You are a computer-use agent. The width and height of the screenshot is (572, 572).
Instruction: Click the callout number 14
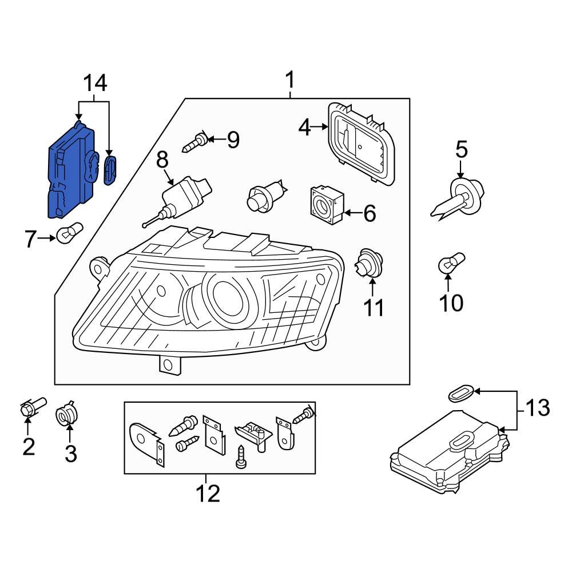(x=96, y=84)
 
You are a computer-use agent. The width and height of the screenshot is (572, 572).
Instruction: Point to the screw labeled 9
(x=194, y=141)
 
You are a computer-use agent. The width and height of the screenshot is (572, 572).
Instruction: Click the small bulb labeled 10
(x=449, y=264)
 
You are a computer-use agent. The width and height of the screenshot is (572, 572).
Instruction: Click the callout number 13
(x=537, y=408)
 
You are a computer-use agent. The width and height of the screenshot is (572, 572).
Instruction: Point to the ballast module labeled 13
(x=449, y=455)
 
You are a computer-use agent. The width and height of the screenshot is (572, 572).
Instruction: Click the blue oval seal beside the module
(x=110, y=169)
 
